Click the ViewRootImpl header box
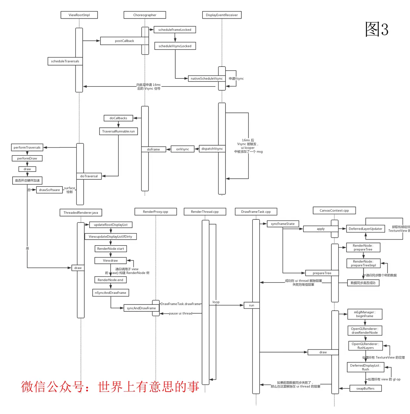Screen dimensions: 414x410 click(79, 15)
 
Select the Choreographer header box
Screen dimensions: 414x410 click(145, 15)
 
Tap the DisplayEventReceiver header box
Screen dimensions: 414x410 click(222, 15)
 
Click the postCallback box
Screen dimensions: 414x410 click(124, 41)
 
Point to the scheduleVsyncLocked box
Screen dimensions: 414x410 click(175, 46)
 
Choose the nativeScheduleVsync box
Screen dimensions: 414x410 click(207, 78)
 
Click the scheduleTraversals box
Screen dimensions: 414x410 click(65, 61)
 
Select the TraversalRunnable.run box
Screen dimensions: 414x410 click(118, 131)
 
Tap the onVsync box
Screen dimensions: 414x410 click(183, 149)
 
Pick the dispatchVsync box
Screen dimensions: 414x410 click(212, 149)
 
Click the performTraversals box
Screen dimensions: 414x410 click(27, 148)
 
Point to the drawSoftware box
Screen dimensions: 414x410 click(50, 190)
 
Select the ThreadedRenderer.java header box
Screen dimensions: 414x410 click(81, 212)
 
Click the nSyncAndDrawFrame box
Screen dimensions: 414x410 click(110, 293)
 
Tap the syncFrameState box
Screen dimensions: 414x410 click(283, 224)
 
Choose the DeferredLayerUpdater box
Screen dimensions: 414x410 click(365, 229)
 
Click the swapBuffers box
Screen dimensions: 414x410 click(365, 389)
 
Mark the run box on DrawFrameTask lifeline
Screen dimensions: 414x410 click(252, 305)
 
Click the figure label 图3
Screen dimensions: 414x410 click(377, 29)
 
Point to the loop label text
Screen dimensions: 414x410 click(216, 302)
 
